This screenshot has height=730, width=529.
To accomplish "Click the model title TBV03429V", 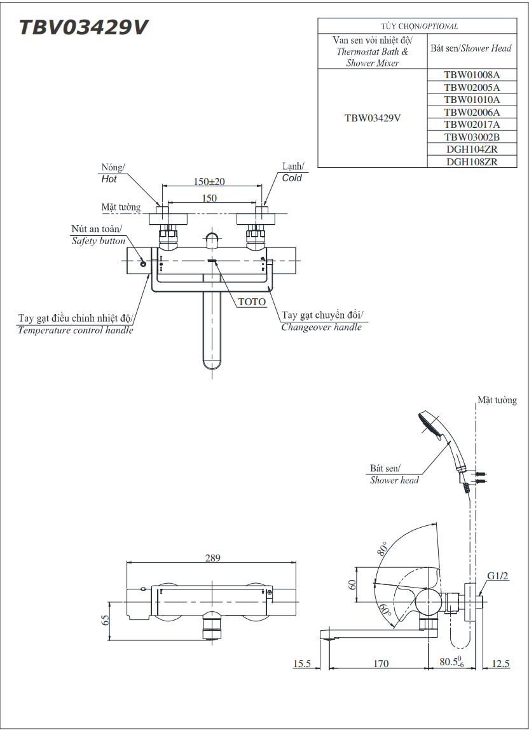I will pos(83,27).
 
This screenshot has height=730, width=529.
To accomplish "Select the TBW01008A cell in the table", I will pos(471,75).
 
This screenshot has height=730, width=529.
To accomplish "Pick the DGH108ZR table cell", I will pos(471,162).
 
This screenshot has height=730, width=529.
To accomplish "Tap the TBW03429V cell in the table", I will pos(373,118).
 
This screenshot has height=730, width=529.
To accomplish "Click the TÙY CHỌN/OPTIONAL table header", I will pos(419,26).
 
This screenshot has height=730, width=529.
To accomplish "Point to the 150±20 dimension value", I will pos(209,182).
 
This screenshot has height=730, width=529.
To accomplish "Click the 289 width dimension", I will pos(212,558).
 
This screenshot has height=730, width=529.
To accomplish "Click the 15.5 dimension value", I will pos(302,664).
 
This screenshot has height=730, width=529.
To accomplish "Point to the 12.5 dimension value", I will pos(500,664).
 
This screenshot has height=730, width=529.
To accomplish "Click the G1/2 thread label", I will pos(498,576).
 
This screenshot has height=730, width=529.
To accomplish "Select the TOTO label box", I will pos(252,302).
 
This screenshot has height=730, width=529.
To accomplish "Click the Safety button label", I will pos(98,241).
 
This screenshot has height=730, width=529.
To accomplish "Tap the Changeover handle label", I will pos(322,327).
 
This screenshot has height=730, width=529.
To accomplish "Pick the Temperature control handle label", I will pos(76,330).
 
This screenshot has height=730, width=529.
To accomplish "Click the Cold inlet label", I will pos(292,178).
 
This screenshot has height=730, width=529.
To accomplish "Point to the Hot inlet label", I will pos(110,179).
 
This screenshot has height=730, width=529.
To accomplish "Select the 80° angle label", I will pos(382,548).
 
